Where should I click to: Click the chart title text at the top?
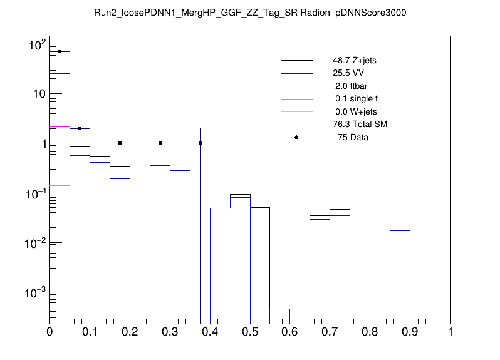click(x=250, y=12)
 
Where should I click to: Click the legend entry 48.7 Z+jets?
click(x=354, y=61)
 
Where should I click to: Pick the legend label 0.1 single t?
click(x=357, y=99)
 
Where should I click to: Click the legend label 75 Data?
click(x=353, y=137)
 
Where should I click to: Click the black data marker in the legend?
click(x=296, y=137)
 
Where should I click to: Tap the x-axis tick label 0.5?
click(x=250, y=332)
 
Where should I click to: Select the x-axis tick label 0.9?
click(x=410, y=332)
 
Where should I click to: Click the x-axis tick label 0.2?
click(x=130, y=332)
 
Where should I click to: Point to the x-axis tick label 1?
click(x=450, y=332)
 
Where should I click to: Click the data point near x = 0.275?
click(x=160, y=143)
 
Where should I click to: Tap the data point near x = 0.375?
click(x=200, y=143)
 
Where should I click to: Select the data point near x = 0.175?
click(x=120, y=143)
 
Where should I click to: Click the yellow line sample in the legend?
click(x=296, y=111)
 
